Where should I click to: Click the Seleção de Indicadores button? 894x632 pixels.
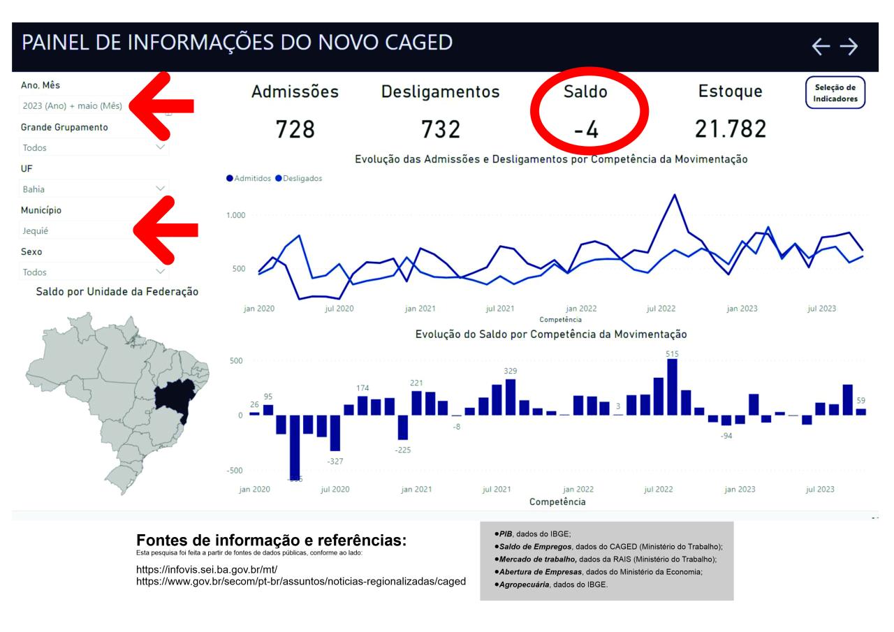point(835,93)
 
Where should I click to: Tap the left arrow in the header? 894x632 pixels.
point(821,47)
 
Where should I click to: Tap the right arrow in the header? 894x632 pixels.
point(849,47)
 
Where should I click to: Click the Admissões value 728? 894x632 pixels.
point(295,129)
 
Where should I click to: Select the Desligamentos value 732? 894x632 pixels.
point(440,129)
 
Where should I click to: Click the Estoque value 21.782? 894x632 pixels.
point(731,128)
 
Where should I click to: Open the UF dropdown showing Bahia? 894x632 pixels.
point(94,189)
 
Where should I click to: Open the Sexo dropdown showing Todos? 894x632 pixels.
point(94,272)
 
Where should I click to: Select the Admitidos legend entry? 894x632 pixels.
point(249,179)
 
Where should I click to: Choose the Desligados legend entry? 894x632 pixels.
point(299,179)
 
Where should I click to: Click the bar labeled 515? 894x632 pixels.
point(672,388)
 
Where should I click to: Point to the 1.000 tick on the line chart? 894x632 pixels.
point(235,215)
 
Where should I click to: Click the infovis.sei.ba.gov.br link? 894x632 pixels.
point(207,570)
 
